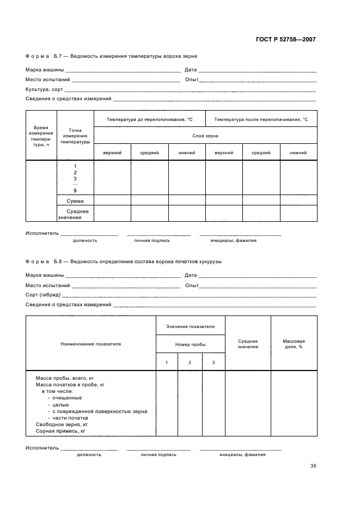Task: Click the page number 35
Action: click(313, 466)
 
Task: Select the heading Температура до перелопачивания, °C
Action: click(150, 119)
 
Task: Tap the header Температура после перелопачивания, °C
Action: click(261, 119)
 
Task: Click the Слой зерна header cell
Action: click(205, 135)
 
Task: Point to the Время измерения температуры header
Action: click(41, 136)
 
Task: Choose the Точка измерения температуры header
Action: click(75, 136)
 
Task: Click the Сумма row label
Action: click(75, 201)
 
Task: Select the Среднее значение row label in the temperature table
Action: click(75, 214)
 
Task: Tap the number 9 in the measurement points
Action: click(75, 191)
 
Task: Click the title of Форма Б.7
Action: click(111, 56)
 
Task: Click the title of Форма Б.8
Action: click(123, 262)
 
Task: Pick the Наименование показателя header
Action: click(90, 344)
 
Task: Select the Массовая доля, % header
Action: click(294, 344)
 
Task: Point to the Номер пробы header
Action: click(191, 344)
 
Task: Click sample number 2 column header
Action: click(190, 362)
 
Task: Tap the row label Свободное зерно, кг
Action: click(62, 424)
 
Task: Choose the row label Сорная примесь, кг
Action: click(61, 431)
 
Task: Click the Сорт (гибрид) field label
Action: click(43, 295)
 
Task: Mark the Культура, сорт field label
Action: click(44, 89)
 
